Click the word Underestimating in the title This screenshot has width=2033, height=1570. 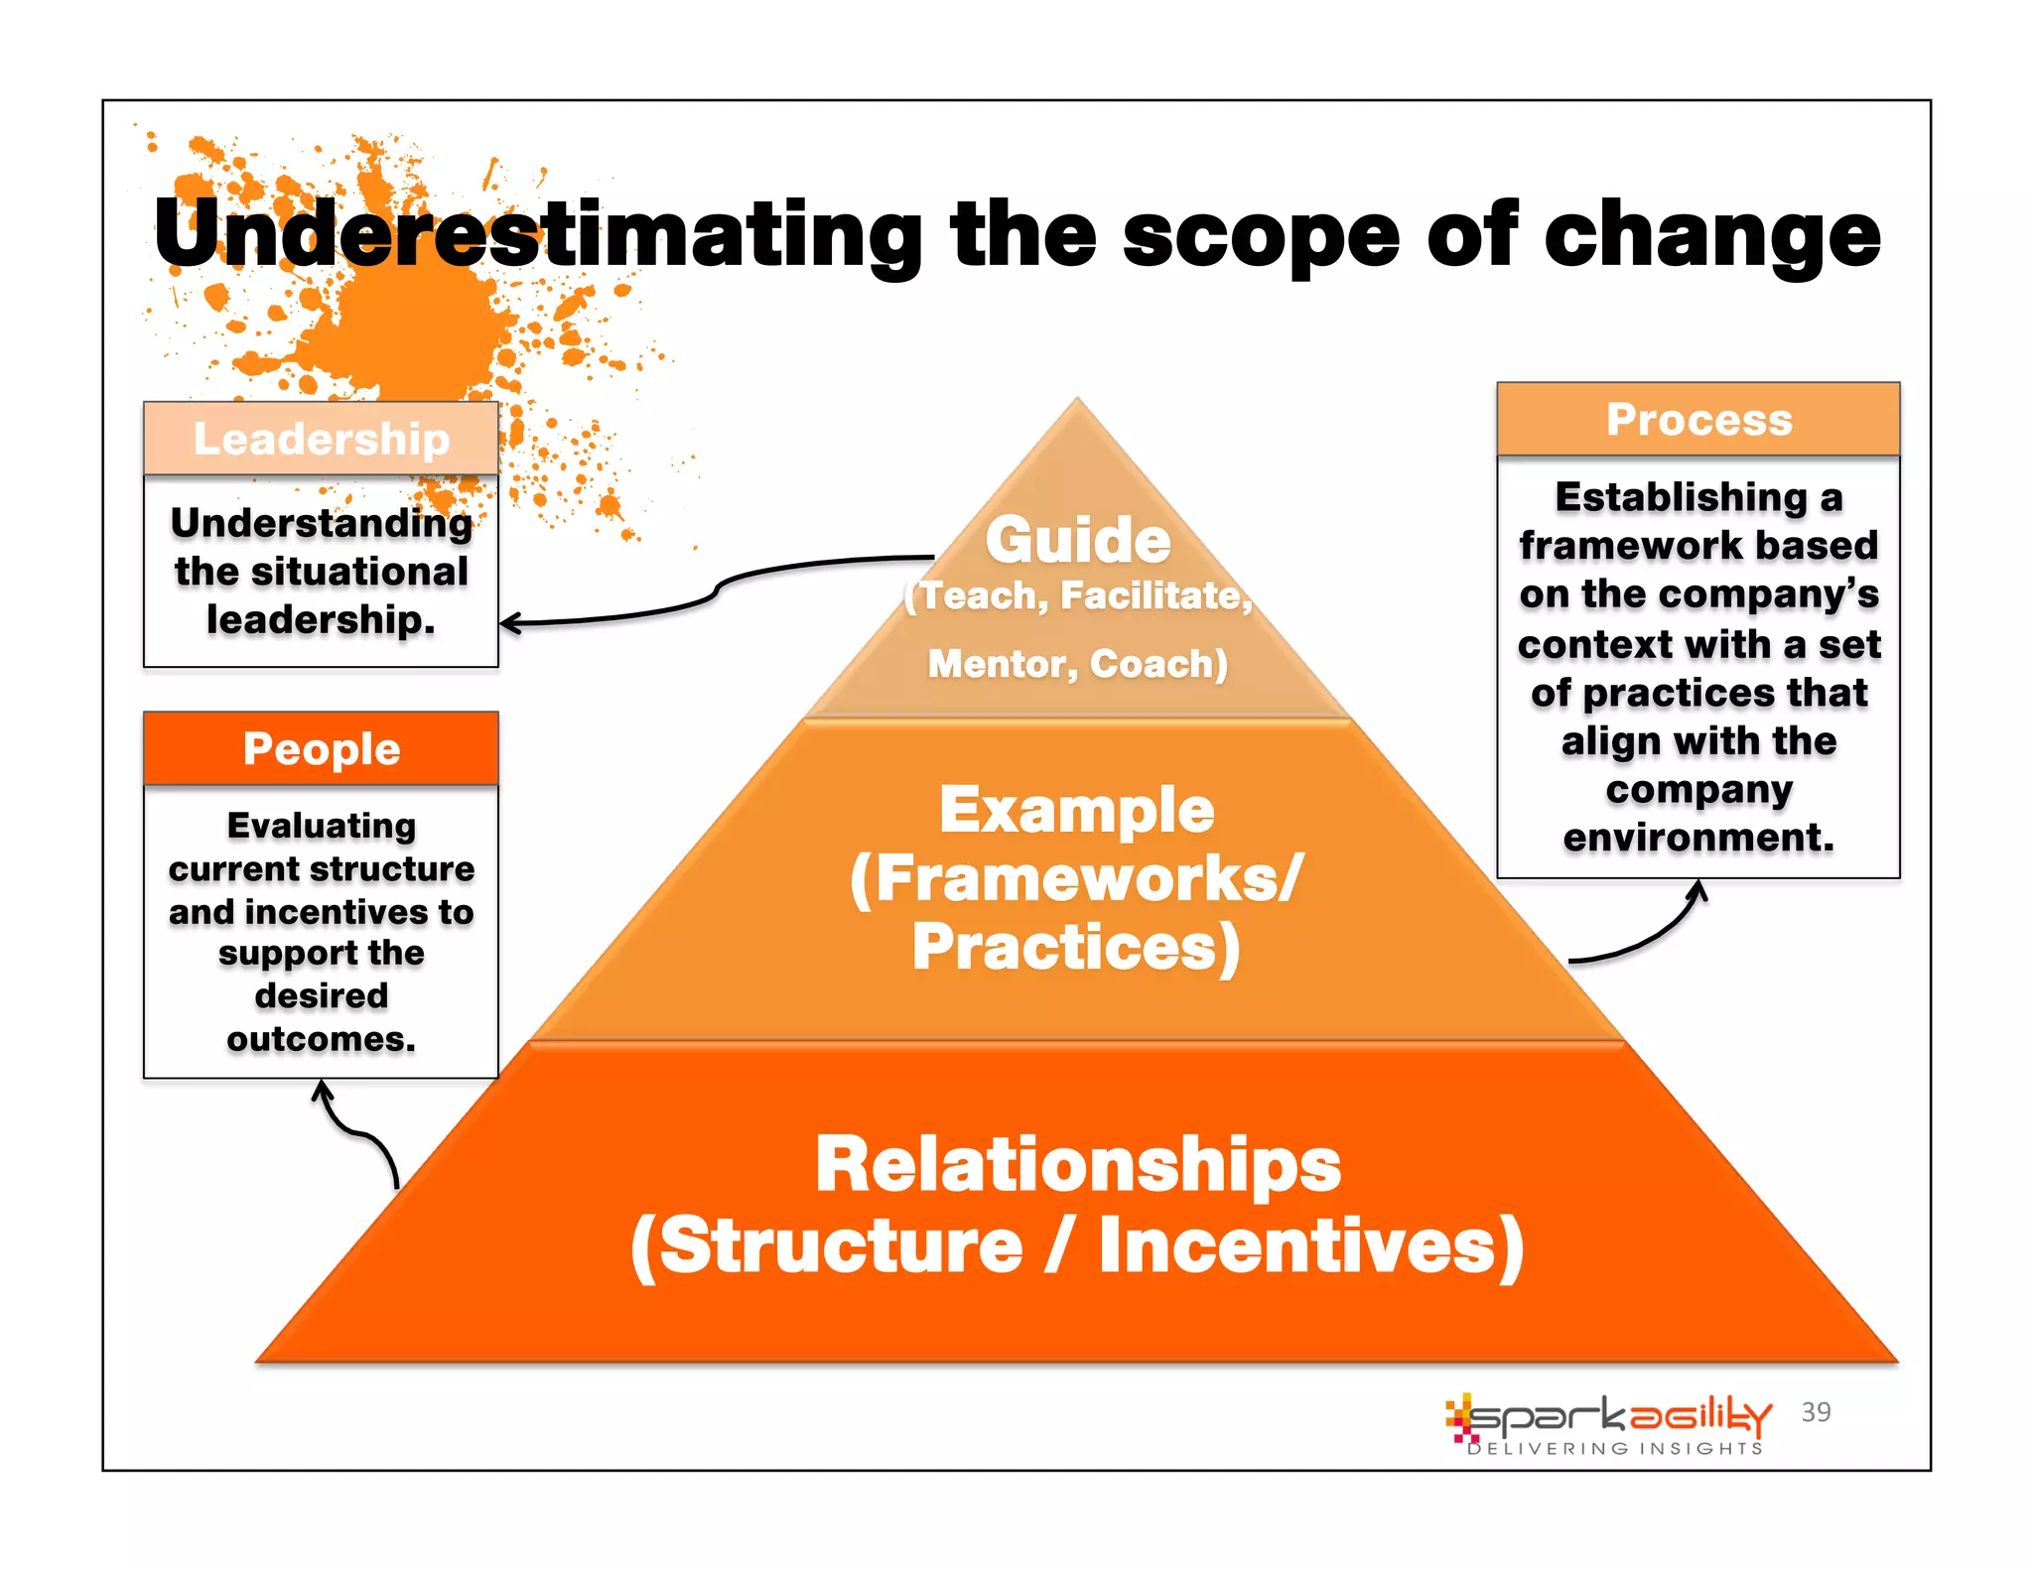click(538, 234)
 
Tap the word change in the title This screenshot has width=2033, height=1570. click(1711, 234)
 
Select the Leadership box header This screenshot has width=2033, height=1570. click(321, 439)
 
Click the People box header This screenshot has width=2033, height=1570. click(321, 748)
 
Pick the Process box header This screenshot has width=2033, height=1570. click(1698, 419)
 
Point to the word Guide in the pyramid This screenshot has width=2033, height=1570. click(1078, 540)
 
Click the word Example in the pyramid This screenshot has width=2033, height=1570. click(1077, 810)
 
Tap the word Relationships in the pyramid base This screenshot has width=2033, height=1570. click(1078, 1164)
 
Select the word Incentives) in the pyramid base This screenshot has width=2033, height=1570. click(1310, 1245)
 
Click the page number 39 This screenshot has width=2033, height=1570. click(1816, 1411)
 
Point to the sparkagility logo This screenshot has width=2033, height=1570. click(1608, 1417)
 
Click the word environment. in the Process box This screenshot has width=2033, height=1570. click(1698, 838)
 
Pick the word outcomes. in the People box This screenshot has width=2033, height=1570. click(321, 1039)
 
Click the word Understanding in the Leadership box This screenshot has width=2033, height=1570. click(321, 523)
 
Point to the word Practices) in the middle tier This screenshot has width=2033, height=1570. click(1077, 947)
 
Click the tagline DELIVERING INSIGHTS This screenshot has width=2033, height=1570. click(1615, 1449)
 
